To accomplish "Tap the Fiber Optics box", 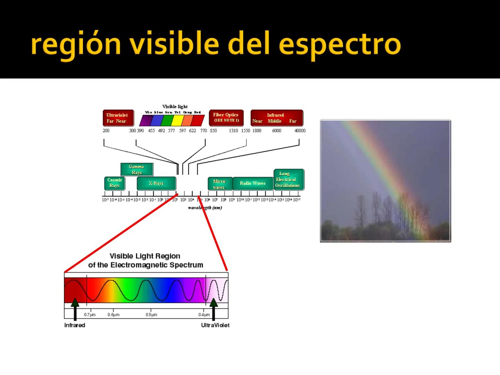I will pos(226,118).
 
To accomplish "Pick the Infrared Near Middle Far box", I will pos(276,118).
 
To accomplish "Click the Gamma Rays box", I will pos(137,169).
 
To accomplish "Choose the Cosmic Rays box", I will pos(115,183).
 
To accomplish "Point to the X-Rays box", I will pos(156,183).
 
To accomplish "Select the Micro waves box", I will pos(219,184).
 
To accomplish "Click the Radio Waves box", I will pos(253,183).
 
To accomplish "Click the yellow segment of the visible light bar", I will pos(177,120).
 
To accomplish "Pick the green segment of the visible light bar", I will pos(167,120).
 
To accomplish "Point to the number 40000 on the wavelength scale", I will pos(300,131).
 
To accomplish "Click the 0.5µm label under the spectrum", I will pos(151,315).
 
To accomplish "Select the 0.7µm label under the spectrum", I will pos(90,315).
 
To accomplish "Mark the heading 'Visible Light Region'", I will pos(145,256).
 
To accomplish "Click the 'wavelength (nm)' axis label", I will pos(205,208).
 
